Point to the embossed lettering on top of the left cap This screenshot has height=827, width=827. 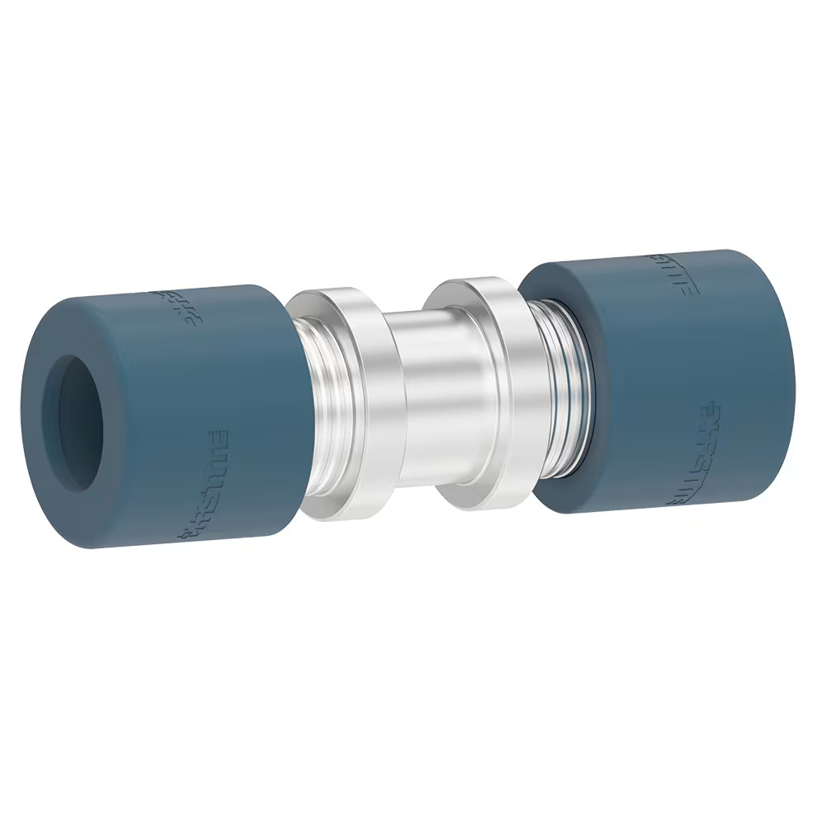coord(173,304)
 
